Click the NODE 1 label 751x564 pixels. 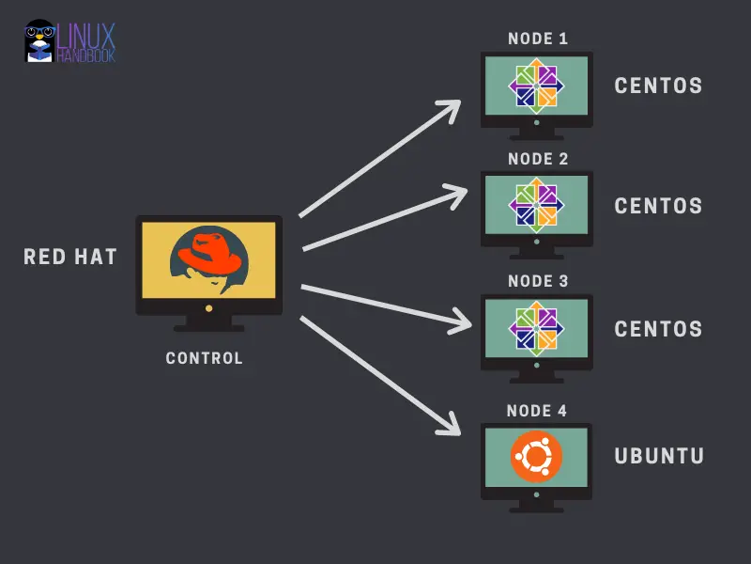point(538,39)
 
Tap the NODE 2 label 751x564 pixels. point(538,159)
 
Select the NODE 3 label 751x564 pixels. point(538,281)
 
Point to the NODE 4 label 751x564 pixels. point(537,411)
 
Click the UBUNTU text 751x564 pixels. point(659,457)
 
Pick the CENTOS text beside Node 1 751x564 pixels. point(658,86)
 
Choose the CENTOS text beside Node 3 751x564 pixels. point(658,330)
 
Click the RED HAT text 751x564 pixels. point(70,257)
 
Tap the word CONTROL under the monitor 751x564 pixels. point(204,358)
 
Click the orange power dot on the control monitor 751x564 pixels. point(208,307)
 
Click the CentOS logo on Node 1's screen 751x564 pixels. point(537,86)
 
